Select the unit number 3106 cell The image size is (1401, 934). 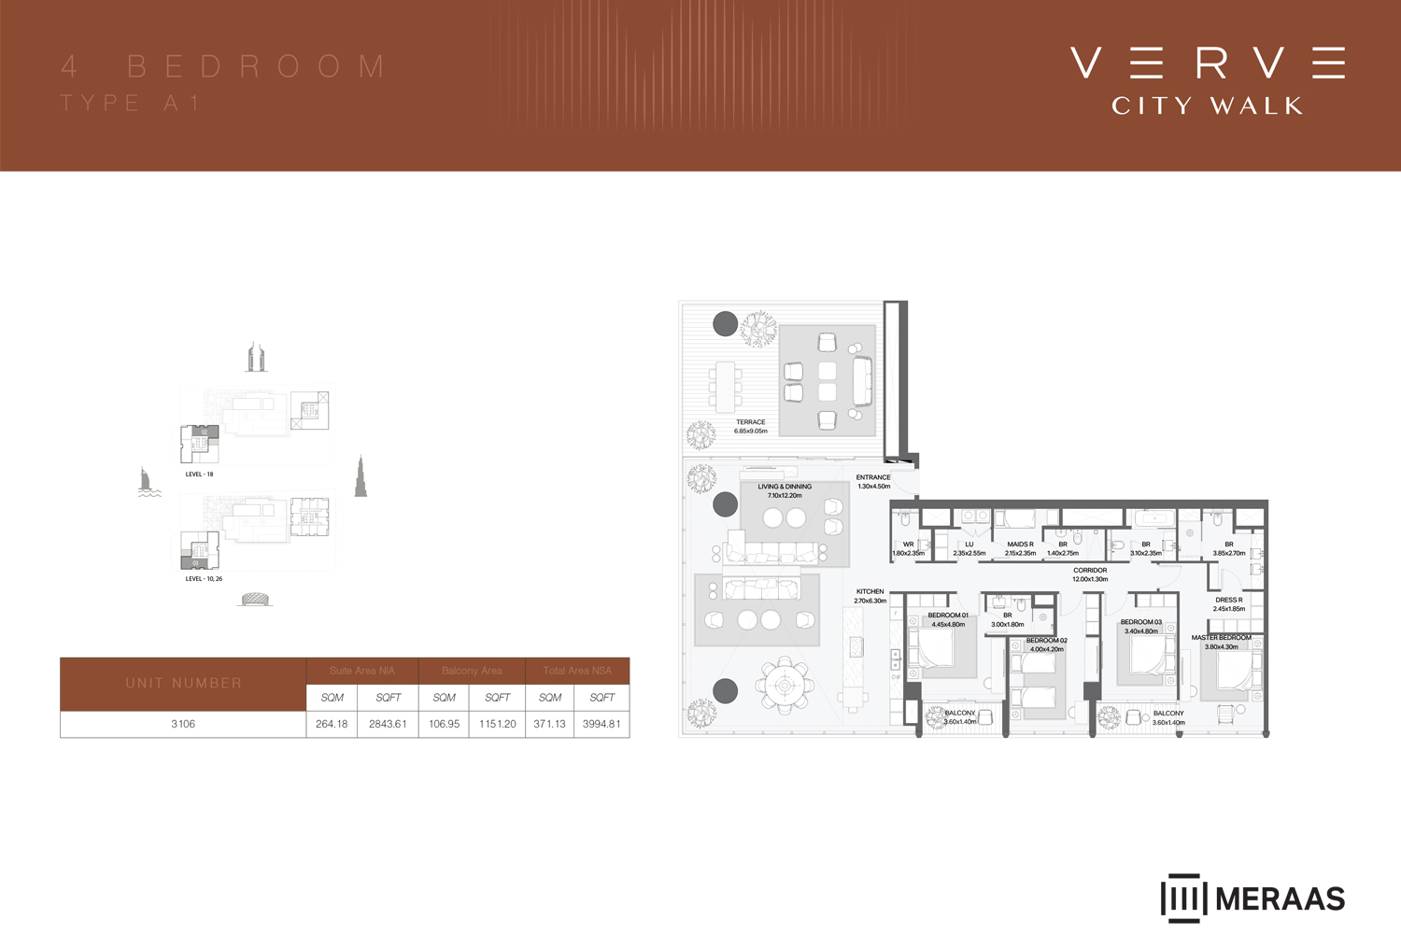pyautogui.click(x=183, y=724)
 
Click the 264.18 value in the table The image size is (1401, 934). pyautogui.click(x=332, y=724)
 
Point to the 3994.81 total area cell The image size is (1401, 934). pyautogui.click(x=601, y=724)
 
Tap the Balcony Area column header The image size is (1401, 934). pyautogui.click(x=472, y=671)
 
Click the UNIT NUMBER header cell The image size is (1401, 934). pyautogui.click(x=183, y=684)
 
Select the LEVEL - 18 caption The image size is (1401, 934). pyautogui.click(x=199, y=474)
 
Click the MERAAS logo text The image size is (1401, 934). pyautogui.click(x=1280, y=899)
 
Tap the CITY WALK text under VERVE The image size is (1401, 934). pyautogui.click(x=1207, y=106)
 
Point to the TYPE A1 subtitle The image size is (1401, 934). pyautogui.click(x=131, y=103)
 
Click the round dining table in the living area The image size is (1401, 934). pyautogui.click(x=785, y=686)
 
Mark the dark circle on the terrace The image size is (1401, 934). pyautogui.click(x=726, y=323)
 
